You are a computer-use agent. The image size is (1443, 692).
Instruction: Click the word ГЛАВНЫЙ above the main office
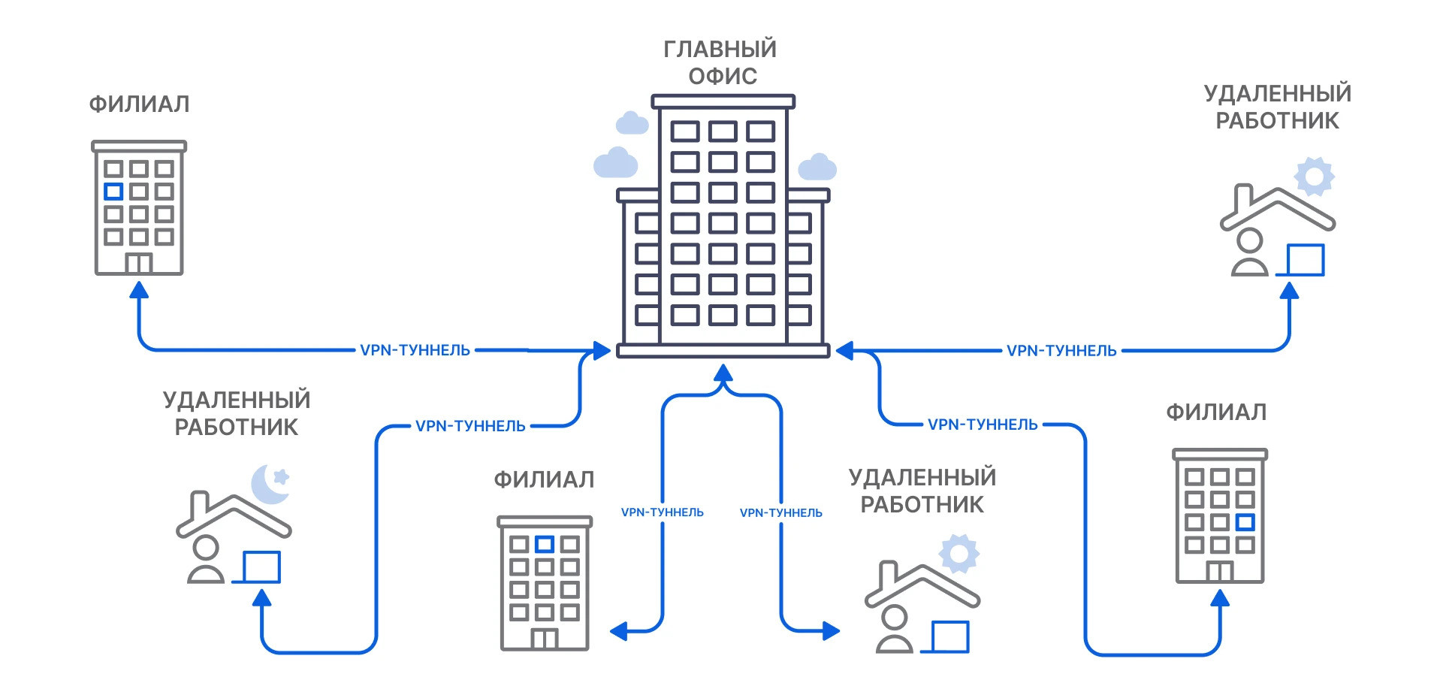(x=720, y=50)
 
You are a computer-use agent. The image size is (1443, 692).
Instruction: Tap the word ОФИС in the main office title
(x=723, y=77)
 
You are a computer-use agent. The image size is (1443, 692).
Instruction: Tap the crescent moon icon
(x=267, y=485)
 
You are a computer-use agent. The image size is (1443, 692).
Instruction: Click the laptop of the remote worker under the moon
(x=261, y=567)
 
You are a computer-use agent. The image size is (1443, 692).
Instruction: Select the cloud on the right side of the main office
(x=817, y=168)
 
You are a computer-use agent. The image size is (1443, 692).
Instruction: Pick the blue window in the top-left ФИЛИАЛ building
(x=113, y=192)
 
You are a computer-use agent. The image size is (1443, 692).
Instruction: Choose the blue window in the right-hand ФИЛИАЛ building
(x=1245, y=522)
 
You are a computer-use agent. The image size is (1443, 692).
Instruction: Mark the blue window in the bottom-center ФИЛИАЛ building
(x=545, y=544)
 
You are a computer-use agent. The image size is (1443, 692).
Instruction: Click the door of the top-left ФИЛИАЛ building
(x=139, y=264)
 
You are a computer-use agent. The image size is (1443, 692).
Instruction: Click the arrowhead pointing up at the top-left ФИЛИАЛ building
(x=139, y=290)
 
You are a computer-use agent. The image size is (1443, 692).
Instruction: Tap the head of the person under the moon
(x=205, y=548)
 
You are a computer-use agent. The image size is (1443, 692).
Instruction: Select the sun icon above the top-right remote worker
(x=1314, y=177)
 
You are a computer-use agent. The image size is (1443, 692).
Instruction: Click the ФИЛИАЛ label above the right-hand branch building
(x=1216, y=412)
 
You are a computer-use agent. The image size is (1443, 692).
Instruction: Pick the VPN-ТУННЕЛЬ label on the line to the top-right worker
(x=1061, y=351)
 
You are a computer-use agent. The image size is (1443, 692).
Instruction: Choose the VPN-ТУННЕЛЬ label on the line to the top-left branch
(x=415, y=350)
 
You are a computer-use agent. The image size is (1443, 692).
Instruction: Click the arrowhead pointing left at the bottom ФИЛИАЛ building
(x=619, y=631)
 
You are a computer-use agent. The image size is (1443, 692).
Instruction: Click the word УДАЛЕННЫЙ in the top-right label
(x=1277, y=94)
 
